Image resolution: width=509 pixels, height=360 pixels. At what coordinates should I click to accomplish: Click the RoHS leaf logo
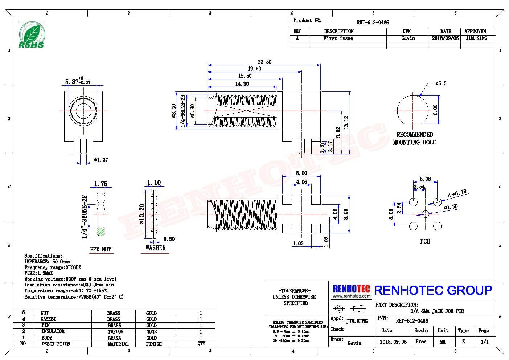coord(32,35)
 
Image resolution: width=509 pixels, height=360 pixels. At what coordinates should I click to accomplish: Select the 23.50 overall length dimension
coord(264,62)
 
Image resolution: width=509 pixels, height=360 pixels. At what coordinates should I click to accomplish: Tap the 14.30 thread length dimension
coord(242,84)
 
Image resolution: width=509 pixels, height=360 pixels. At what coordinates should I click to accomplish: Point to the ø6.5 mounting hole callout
coord(441,83)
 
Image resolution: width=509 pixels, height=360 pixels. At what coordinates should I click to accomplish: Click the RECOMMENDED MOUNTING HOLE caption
coord(415,138)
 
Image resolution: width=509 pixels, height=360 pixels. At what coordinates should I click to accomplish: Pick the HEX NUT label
coord(100,250)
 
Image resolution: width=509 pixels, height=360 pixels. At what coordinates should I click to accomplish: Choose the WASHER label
coord(156,248)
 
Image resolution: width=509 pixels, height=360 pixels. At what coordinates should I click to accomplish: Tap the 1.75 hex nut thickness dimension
coord(100,184)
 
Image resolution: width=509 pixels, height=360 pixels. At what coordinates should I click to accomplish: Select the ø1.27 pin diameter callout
coord(101,160)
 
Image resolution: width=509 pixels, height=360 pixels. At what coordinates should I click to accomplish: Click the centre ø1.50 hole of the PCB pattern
coord(425,214)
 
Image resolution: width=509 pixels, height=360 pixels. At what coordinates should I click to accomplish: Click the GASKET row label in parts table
coord(48,319)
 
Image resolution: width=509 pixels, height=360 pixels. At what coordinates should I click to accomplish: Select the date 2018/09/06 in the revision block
coord(445,38)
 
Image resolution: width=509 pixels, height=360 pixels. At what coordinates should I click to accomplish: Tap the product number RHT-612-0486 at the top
coord(373,22)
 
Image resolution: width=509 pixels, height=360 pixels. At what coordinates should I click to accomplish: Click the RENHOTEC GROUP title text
coord(433,290)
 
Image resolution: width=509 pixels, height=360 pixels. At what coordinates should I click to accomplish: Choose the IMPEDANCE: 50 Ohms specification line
coord(47,262)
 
